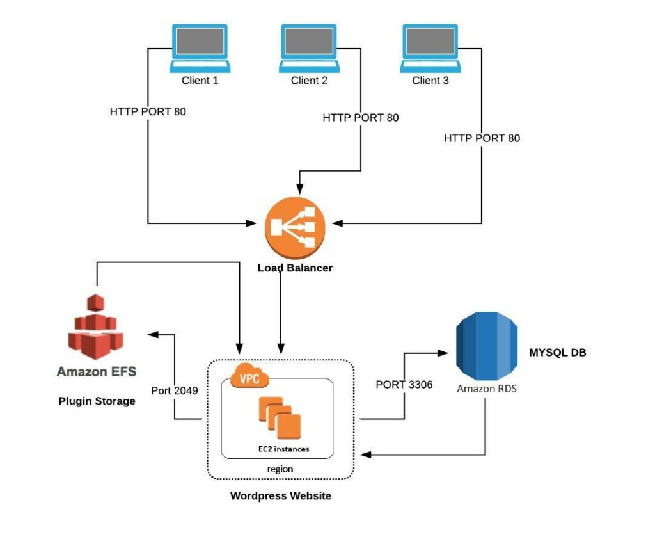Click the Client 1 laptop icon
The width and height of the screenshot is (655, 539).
200,48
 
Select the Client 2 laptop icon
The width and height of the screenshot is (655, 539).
309,48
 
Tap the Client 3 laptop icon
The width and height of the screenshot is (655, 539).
430,48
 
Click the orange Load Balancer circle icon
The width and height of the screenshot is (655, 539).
295,227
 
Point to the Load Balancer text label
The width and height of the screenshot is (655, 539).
295,268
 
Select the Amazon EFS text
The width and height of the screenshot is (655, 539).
97,371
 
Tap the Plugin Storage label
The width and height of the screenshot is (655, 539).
97,401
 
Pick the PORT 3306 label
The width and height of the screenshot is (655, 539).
404,385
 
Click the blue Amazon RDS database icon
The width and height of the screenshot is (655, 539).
486,346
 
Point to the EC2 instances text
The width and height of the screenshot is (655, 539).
279,449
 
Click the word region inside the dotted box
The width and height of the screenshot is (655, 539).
280,469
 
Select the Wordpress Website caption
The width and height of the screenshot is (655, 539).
281,495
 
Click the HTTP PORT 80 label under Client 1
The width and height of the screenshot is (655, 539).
148,111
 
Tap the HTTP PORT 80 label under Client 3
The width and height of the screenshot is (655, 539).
482,138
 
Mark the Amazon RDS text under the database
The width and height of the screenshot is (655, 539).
486,388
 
